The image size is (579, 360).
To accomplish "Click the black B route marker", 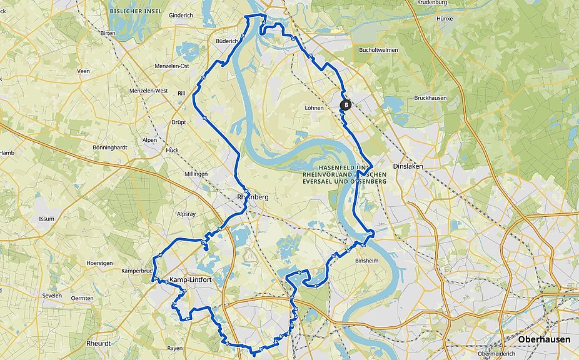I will tap(346, 106).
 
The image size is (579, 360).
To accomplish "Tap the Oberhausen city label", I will tap(543, 339).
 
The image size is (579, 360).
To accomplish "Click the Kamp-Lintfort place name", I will tap(190, 279).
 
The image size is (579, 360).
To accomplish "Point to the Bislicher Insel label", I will tap(136, 11).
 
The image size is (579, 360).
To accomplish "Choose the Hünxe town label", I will tap(445, 19).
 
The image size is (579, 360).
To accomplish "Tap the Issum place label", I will tap(46, 219).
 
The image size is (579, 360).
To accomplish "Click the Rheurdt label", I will tap(99, 344).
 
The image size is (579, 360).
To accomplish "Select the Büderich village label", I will tap(227, 41).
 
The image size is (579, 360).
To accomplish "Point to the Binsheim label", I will tap(367, 261).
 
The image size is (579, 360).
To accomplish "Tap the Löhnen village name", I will tap(314, 108).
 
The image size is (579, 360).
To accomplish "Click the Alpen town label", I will tap(149, 140).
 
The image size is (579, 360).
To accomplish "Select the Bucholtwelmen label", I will tap(378, 50).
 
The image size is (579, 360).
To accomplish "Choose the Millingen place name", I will tap(196, 173).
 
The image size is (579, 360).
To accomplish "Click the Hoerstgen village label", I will tap(99, 263).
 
